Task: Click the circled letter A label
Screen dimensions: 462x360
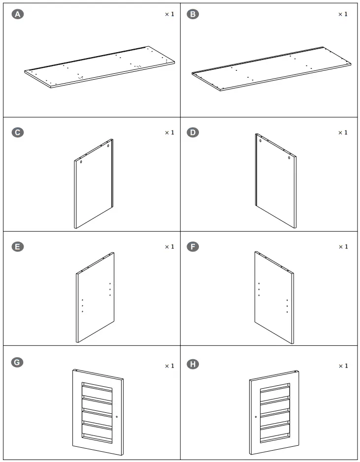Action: pyautogui.click(x=18, y=15)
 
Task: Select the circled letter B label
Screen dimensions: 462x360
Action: pyautogui.click(x=194, y=15)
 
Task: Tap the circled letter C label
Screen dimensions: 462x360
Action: pyautogui.click(x=18, y=132)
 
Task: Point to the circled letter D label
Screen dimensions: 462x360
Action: pyautogui.click(x=194, y=132)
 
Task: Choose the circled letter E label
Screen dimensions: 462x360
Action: pyautogui.click(x=18, y=246)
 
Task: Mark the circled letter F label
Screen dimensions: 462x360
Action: pyautogui.click(x=194, y=246)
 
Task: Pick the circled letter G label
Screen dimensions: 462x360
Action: pyautogui.click(x=18, y=363)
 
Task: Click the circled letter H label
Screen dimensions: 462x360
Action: pyautogui.click(x=194, y=365)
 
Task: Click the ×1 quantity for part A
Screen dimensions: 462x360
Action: pyautogui.click(x=169, y=15)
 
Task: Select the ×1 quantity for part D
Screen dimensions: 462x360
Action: pyautogui.click(x=342, y=133)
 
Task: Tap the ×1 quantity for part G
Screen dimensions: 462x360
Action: pyautogui.click(x=169, y=366)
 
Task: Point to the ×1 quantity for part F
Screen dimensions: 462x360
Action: pyautogui.click(x=342, y=247)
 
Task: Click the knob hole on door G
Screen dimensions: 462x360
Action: pyautogui.click(x=117, y=416)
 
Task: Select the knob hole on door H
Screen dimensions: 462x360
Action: pyautogui.click(x=256, y=417)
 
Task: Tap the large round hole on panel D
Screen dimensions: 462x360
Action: pyautogui.click(x=289, y=158)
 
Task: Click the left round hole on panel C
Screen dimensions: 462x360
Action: pyautogui.click(x=81, y=161)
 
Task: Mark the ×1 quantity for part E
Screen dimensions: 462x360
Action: pyautogui.click(x=169, y=247)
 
